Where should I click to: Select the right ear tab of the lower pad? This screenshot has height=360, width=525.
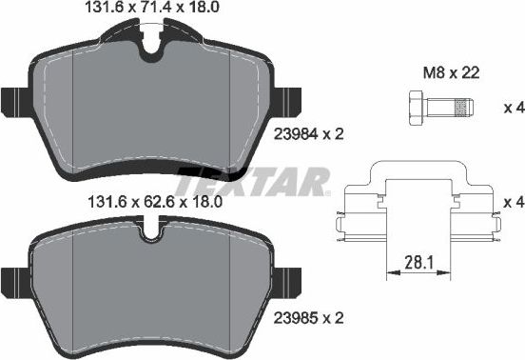coord(288,281)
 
